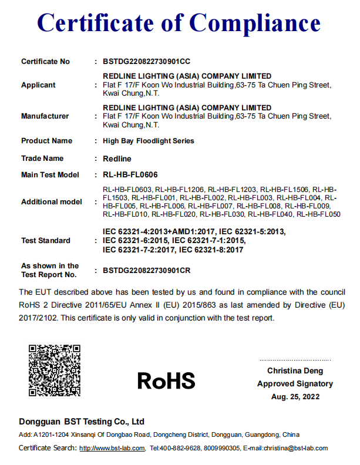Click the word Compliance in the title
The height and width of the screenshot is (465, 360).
(x=255, y=23)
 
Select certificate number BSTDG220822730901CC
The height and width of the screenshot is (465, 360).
(x=146, y=62)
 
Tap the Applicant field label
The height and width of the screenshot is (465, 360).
(x=38, y=85)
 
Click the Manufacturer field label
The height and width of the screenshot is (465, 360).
(x=45, y=116)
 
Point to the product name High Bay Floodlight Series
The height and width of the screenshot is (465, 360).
(x=148, y=141)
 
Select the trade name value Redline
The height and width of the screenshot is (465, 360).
(x=117, y=159)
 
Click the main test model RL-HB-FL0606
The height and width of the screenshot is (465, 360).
(x=130, y=175)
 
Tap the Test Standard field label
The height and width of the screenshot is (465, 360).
(x=45, y=241)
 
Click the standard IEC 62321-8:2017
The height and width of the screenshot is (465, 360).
(x=211, y=250)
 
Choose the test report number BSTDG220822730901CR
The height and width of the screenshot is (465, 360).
(x=147, y=271)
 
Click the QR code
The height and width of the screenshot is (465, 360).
(x=55, y=370)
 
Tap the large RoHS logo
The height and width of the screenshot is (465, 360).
(x=166, y=380)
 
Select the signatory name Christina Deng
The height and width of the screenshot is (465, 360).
(x=295, y=371)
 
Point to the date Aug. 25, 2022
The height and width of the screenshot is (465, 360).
(x=295, y=396)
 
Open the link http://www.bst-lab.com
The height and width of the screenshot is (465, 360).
(x=112, y=449)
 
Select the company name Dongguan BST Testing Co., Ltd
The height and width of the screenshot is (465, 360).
(x=82, y=422)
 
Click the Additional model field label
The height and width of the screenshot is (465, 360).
(x=52, y=202)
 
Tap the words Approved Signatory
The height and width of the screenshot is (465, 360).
(x=295, y=384)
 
